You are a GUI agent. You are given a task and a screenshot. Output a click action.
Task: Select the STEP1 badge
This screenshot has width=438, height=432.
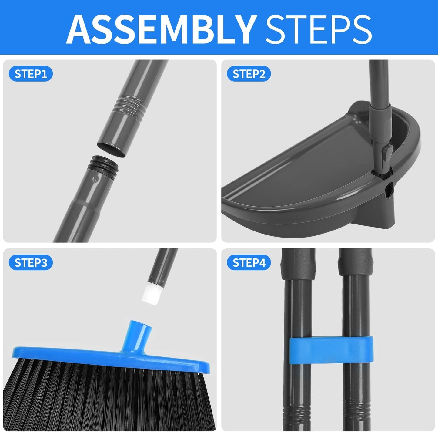pos(31,74)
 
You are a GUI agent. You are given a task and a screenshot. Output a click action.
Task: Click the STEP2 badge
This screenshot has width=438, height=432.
pos(249,74)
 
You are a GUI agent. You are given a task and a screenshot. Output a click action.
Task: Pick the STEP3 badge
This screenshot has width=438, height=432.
pos(31,263)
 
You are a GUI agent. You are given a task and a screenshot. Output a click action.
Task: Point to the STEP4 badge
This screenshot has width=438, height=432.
pos(249,263)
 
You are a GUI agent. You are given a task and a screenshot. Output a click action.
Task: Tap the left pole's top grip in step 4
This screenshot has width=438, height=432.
pos(298,264)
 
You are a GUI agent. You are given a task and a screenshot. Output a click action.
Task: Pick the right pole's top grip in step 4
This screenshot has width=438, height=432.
pos(355,264)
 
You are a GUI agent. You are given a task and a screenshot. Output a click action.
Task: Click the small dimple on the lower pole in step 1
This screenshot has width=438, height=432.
pos(95,180)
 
